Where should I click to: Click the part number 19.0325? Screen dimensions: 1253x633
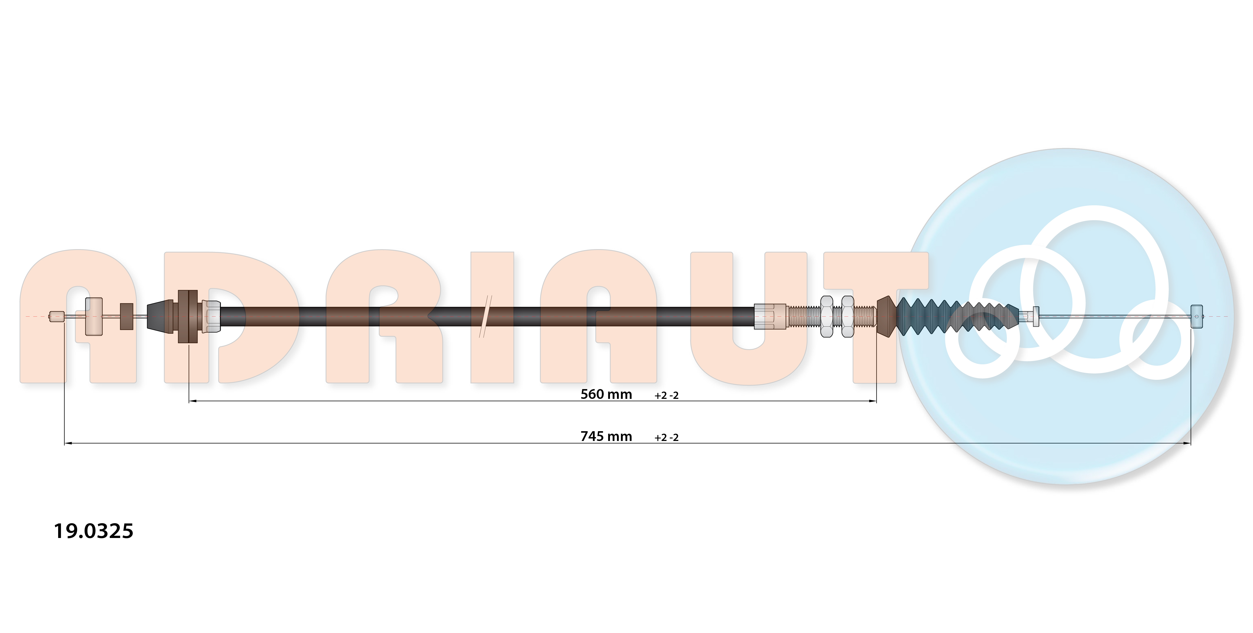pos(93,531)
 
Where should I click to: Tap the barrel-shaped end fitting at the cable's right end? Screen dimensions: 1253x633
pos(1197,316)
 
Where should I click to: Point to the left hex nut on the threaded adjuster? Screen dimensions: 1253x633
pos(826,316)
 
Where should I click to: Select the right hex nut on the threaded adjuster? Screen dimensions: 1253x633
pos(848,316)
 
